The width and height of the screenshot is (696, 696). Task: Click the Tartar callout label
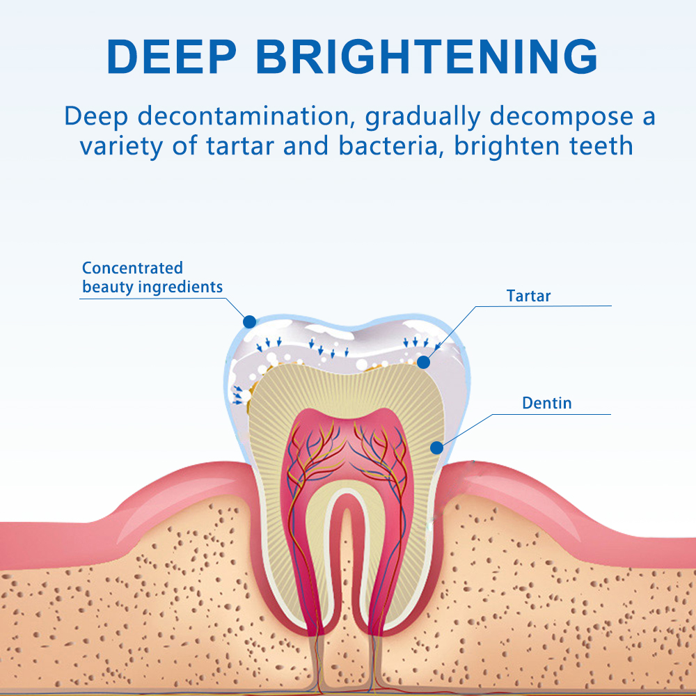pyautogui.click(x=528, y=296)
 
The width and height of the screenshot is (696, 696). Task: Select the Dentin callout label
pyautogui.click(x=547, y=403)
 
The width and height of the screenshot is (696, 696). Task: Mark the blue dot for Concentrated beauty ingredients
pyautogui.click(x=249, y=322)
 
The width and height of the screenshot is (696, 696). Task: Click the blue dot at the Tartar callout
pyautogui.click(x=424, y=362)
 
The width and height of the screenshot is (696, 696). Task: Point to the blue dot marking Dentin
pyautogui.click(x=436, y=448)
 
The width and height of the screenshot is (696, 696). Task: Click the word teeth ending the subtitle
pyautogui.click(x=599, y=146)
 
